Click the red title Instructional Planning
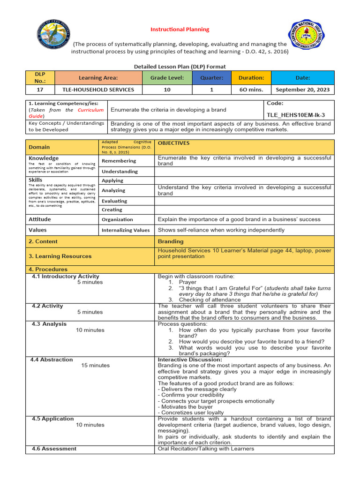(180, 29)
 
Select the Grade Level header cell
(167, 78)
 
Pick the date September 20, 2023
(302, 90)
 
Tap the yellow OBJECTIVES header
(173, 143)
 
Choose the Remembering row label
(120, 161)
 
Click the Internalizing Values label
(126, 230)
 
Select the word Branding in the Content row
(171, 241)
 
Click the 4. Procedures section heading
(48, 270)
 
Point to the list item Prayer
(187, 283)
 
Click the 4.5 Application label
(52, 419)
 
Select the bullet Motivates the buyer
(185, 407)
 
